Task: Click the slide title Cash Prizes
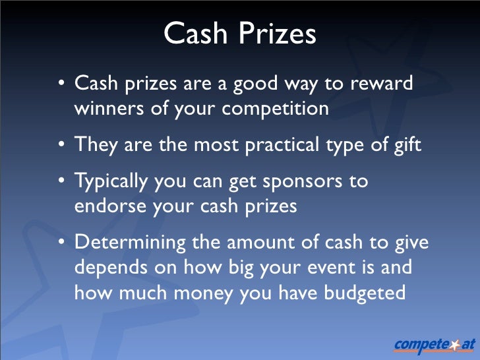(239, 34)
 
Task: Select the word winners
(108, 108)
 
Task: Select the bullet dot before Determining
(61, 243)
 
